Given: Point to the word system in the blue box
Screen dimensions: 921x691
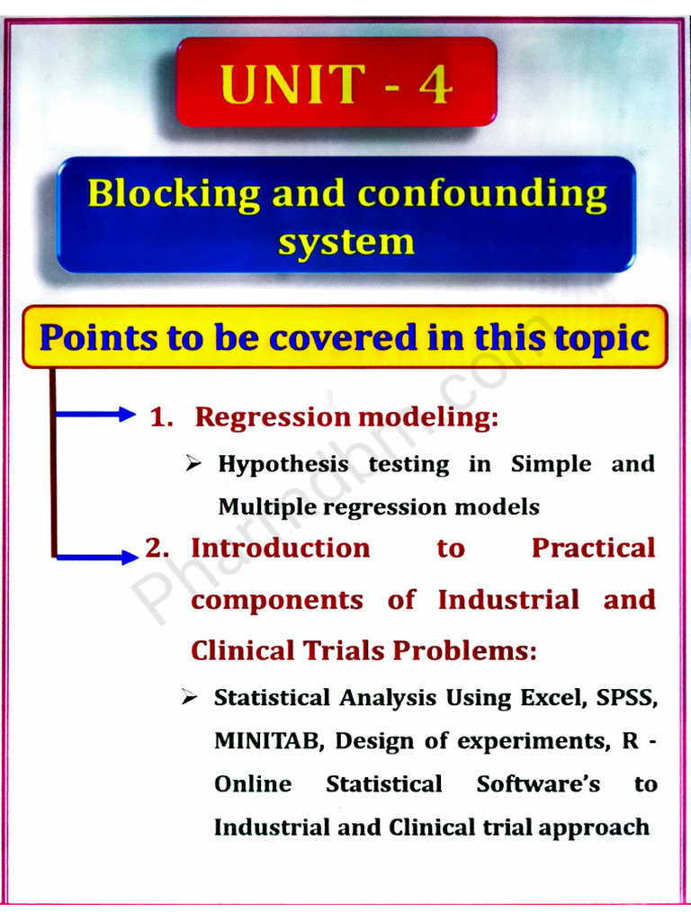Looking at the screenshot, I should (345, 241).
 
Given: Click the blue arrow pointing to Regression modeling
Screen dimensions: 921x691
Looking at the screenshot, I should (94, 415).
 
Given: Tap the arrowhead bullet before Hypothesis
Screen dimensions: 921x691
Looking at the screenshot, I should (193, 464).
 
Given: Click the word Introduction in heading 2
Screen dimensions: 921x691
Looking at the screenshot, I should (281, 548).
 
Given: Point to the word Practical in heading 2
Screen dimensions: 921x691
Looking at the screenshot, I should (593, 548).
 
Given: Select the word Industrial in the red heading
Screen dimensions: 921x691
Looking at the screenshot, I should (508, 600).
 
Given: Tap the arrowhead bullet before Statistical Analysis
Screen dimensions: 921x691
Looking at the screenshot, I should (189, 698).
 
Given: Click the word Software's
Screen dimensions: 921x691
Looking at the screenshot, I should (538, 783).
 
